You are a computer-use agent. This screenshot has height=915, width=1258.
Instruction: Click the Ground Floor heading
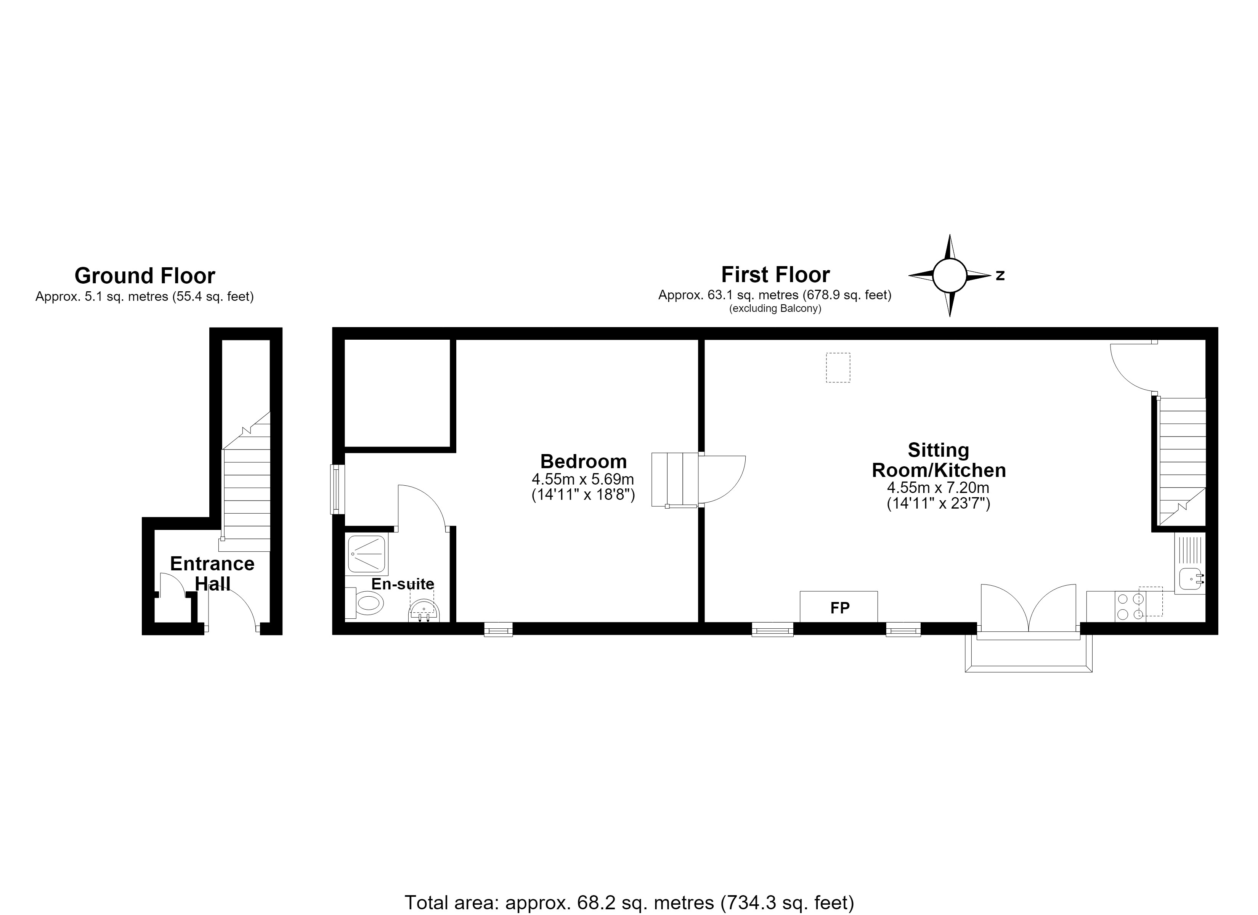click(145, 276)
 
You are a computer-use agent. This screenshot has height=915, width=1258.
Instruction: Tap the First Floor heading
click(775, 274)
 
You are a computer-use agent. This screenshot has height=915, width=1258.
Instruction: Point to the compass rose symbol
click(950, 275)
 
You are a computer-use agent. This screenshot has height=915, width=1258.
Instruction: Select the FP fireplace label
click(840, 608)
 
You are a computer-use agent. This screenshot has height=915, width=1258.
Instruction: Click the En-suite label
click(403, 584)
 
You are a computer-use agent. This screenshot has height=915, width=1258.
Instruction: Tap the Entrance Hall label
click(212, 573)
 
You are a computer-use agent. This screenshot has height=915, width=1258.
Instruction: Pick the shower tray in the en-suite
click(367, 554)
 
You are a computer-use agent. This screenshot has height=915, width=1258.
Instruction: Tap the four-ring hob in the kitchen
click(1130, 607)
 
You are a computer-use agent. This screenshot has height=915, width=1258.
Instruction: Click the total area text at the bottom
click(629, 903)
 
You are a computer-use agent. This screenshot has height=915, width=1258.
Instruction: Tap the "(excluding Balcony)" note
click(775, 308)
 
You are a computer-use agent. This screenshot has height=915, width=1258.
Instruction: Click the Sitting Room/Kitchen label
click(939, 460)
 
